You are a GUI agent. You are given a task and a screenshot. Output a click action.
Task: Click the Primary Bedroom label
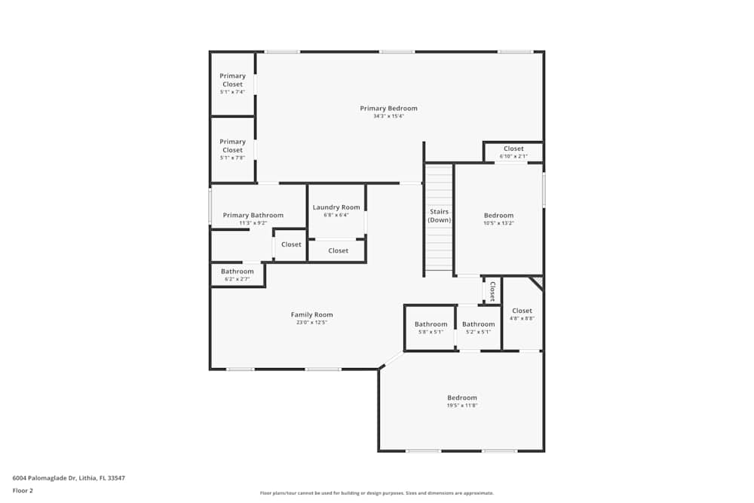388,109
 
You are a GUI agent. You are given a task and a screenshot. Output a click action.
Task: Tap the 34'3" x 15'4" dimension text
388,117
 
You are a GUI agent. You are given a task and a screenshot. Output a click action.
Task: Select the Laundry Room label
336,207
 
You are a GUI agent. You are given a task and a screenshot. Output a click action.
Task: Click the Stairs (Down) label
440,216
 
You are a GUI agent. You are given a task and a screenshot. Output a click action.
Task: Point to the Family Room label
311,314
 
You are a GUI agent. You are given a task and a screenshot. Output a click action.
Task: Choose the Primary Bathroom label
253,216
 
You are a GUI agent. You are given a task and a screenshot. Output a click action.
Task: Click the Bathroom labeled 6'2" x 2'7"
238,271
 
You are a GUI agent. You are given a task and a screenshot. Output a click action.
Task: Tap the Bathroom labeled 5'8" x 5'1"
431,324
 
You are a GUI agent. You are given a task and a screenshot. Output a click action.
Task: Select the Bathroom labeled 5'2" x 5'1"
478,324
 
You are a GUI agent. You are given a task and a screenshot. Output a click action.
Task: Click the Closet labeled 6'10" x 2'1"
513,149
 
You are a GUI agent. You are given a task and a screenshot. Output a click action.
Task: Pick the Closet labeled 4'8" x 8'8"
522,311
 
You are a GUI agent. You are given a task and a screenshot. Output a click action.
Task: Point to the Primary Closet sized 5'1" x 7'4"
232,80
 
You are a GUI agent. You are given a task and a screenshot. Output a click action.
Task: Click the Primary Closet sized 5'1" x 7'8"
232,146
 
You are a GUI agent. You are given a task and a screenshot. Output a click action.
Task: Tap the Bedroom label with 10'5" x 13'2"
498,216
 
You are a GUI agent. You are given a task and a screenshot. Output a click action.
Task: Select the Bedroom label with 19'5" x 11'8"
462,398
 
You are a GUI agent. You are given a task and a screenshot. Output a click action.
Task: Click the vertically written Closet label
492,291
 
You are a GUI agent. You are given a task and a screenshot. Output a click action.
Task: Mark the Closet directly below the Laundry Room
339,250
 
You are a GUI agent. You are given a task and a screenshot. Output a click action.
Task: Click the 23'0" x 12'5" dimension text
311,323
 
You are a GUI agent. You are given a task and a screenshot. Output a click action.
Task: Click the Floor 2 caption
23,490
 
